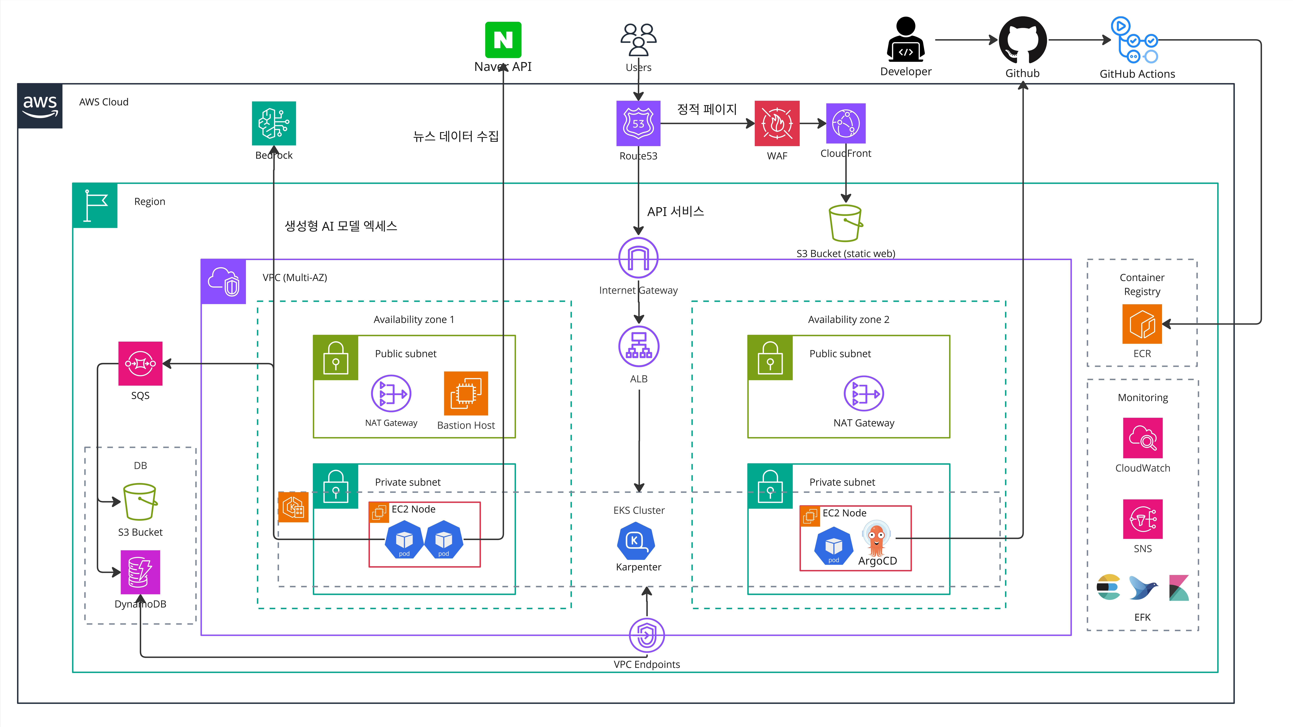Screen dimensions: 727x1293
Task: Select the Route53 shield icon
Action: [x=638, y=123]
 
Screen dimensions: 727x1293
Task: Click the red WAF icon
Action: [x=777, y=123]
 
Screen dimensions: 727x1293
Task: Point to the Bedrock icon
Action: [x=274, y=123]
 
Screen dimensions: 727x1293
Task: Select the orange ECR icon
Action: [x=1142, y=324]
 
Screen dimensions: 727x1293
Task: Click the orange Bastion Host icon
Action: [x=466, y=393]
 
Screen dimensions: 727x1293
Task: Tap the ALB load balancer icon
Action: [x=639, y=346]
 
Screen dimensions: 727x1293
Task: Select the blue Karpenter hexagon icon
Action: [x=635, y=541]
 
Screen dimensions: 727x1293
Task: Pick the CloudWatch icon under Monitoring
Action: [x=1142, y=437]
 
